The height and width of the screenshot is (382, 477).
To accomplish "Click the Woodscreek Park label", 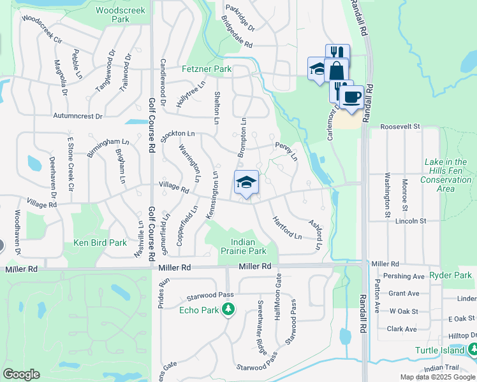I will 112,15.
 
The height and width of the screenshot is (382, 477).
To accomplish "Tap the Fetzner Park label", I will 206,69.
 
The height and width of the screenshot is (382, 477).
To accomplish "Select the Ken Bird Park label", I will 100,243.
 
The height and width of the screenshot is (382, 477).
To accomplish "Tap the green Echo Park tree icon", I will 228,310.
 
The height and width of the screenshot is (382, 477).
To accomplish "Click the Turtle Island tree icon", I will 473,349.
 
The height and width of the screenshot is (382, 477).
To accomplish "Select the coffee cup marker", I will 351,97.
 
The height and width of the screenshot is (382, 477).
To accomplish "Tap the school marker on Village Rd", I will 246,183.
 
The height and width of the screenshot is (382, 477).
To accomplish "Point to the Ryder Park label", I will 450,275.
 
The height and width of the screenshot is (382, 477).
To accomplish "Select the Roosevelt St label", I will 400,127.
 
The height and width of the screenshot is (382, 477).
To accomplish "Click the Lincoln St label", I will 410,221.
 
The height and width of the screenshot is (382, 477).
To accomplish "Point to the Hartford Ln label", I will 287,227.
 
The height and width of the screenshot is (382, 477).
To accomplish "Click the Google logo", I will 21,374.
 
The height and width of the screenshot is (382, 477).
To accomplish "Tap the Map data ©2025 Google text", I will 436,377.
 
